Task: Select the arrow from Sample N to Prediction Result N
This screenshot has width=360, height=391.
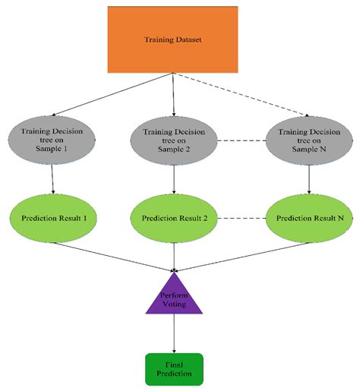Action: [308, 180]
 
